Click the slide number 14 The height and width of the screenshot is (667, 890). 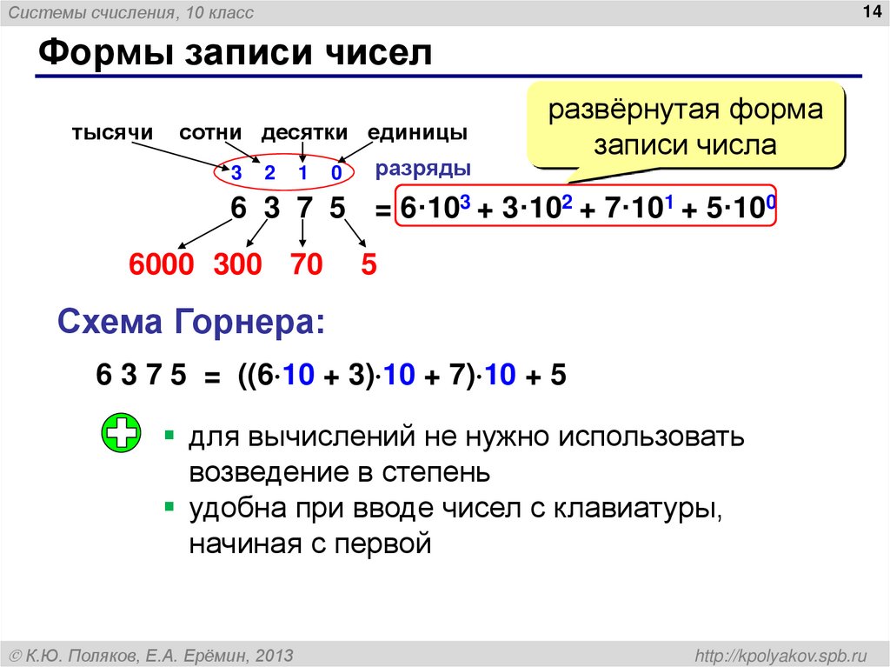[x=870, y=11]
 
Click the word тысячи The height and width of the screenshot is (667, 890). [x=112, y=133]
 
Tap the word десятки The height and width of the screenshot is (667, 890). [x=304, y=133]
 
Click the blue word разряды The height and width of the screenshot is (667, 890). [x=423, y=168]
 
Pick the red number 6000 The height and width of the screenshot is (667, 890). [x=162, y=264]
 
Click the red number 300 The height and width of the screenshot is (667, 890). [x=237, y=264]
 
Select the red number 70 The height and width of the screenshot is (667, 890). [x=307, y=264]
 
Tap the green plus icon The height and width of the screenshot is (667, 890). [x=121, y=434]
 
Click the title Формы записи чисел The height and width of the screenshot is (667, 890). [x=235, y=54]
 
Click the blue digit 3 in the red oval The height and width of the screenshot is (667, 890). [x=236, y=173]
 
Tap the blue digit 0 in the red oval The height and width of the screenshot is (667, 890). [x=335, y=173]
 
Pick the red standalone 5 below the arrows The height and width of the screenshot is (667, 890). [x=369, y=264]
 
